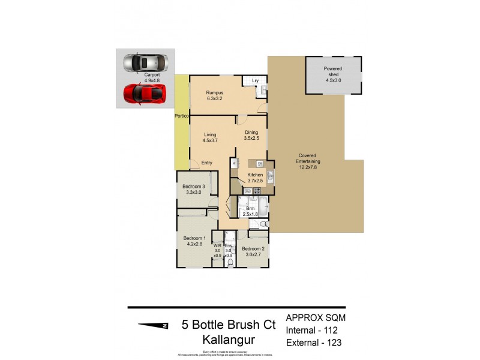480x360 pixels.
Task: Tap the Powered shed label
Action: (x=333, y=71)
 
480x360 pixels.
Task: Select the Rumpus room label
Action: (x=215, y=95)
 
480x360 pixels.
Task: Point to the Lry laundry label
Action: (x=254, y=80)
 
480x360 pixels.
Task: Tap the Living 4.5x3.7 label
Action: (x=209, y=138)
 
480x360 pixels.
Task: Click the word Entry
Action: (x=206, y=163)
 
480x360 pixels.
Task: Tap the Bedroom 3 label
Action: (x=194, y=189)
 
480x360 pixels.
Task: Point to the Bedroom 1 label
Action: (x=194, y=241)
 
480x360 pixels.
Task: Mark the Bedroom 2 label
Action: (x=253, y=251)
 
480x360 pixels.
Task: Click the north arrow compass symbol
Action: (x=154, y=326)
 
